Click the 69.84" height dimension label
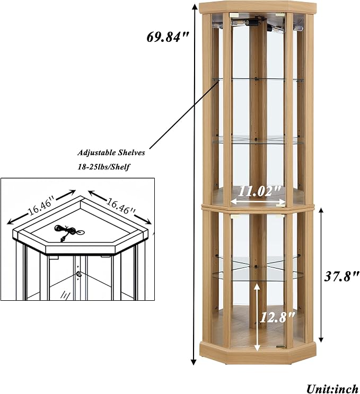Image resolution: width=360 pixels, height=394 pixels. point(168,38)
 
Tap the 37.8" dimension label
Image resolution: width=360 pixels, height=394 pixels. point(341,276)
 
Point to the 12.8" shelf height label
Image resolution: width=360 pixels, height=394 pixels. point(276,317)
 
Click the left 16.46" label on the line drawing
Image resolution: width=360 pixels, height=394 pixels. point(41,208)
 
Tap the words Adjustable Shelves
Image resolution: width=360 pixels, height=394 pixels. point(111,153)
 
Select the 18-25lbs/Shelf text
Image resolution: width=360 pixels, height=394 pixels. point(103,167)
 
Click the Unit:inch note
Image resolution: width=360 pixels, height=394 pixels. point(332,389)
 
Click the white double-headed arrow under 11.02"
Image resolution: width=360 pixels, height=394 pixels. point(258,201)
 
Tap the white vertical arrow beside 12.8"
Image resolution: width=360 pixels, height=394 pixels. point(257,317)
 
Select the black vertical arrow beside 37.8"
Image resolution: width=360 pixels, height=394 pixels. point(321,275)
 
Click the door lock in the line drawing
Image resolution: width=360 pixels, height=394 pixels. point(79,274)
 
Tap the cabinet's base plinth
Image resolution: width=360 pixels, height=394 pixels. point(258,353)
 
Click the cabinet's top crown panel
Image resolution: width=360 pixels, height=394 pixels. point(258,7)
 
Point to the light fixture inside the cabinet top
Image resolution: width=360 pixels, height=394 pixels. point(257,24)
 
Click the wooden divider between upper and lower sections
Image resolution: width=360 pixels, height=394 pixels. point(258,208)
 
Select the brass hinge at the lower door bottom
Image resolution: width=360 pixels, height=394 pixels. point(281,347)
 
